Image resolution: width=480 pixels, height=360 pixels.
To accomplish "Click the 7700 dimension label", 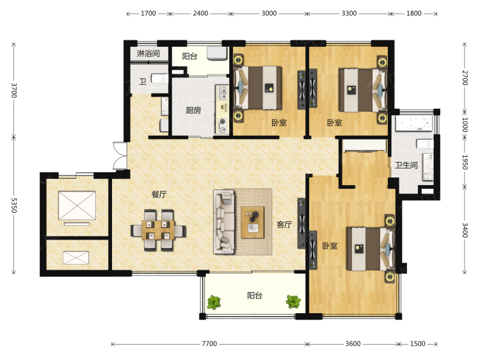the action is (209, 344).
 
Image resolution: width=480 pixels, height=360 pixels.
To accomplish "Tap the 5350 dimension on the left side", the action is (14, 205).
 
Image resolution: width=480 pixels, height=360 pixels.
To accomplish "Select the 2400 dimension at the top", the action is (200, 13).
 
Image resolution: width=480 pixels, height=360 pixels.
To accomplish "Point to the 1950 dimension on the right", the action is (465, 162).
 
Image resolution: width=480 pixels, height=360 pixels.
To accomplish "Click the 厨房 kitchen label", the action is (193, 110).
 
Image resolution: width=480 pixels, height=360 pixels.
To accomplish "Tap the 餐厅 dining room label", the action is (159, 195).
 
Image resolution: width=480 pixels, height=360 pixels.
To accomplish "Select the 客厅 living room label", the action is (284, 225).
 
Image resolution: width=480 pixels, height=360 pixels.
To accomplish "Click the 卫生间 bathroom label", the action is (406, 165).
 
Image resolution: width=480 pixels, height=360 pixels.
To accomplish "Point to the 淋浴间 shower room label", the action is (148, 54).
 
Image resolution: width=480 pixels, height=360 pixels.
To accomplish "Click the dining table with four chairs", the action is (158, 230).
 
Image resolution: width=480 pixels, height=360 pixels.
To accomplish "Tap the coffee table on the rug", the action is (253, 222).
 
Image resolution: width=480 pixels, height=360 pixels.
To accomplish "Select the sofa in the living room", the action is (224, 222).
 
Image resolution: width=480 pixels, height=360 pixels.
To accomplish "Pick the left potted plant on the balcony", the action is (214, 302).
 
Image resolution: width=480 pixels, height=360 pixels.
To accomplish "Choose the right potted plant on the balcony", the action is (293, 302).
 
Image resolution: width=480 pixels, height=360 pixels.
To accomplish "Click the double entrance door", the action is (120, 156).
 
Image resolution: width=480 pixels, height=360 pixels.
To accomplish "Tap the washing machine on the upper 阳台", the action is (217, 53).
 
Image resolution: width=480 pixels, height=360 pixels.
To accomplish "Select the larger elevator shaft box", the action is (77, 205).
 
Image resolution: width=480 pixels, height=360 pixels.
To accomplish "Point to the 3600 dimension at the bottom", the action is (353, 344).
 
